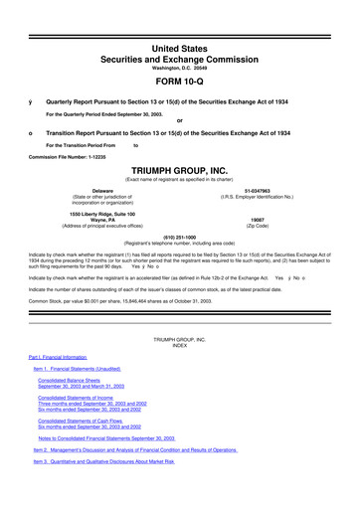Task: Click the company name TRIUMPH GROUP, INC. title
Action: tap(179, 171)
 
